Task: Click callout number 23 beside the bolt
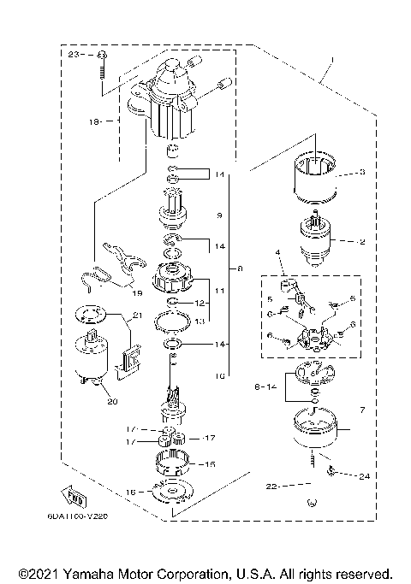click(x=73, y=54)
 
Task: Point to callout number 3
click(x=361, y=172)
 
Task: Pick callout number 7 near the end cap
click(x=362, y=411)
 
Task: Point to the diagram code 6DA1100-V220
click(x=84, y=516)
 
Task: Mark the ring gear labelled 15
click(x=176, y=464)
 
